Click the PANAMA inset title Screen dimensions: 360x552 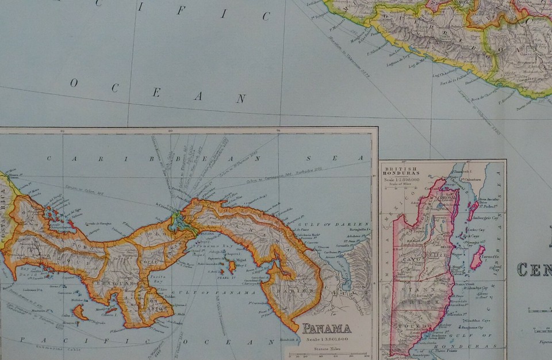pyautogui.click(x=327, y=329)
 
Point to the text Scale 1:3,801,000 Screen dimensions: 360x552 pyautogui.click(x=327, y=339)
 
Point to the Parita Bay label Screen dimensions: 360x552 pyautogui.click(x=159, y=278)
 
